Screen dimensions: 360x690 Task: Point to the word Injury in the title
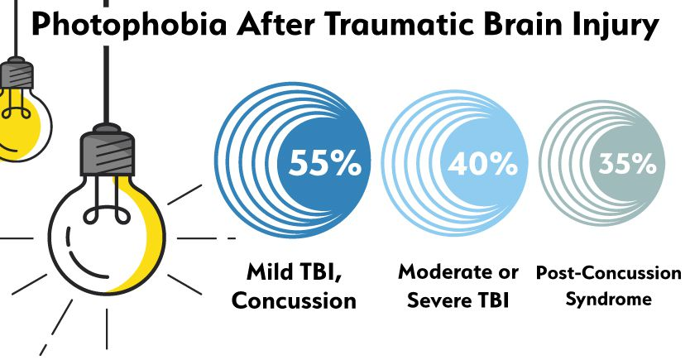[x=618, y=26]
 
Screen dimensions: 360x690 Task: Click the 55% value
[x=324, y=165]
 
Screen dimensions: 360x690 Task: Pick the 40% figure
[x=482, y=165]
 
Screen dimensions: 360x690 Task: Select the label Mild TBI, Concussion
[x=294, y=285]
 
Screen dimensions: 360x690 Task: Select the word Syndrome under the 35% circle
[x=608, y=299]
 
